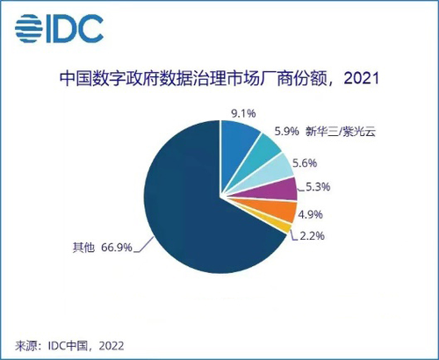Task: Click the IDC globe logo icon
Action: (x=29, y=28)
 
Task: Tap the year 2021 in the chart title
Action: (x=362, y=78)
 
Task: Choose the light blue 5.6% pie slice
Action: (x=274, y=173)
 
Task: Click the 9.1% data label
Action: (x=244, y=113)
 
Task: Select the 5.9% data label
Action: (x=286, y=131)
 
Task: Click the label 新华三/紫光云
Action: (x=341, y=131)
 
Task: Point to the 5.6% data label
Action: (x=305, y=163)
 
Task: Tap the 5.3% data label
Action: (x=318, y=187)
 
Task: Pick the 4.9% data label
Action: (x=310, y=214)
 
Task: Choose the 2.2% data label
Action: (x=312, y=236)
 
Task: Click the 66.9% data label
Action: (x=117, y=248)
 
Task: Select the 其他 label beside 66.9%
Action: (x=83, y=248)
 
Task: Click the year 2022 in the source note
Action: (x=112, y=346)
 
